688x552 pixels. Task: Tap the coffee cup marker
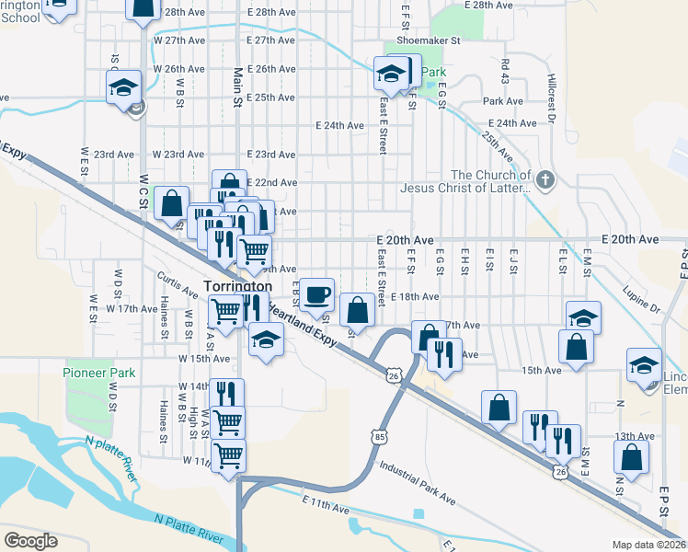(317, 294)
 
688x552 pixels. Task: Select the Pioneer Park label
(99, 373)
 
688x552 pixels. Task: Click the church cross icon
(545, 179)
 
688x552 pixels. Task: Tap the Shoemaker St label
(428, 40)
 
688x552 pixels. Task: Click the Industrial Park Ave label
(417, 484)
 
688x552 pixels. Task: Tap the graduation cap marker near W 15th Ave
(266, 341)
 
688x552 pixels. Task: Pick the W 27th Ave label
(178, 41)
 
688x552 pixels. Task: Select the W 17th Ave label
(132, 309)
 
